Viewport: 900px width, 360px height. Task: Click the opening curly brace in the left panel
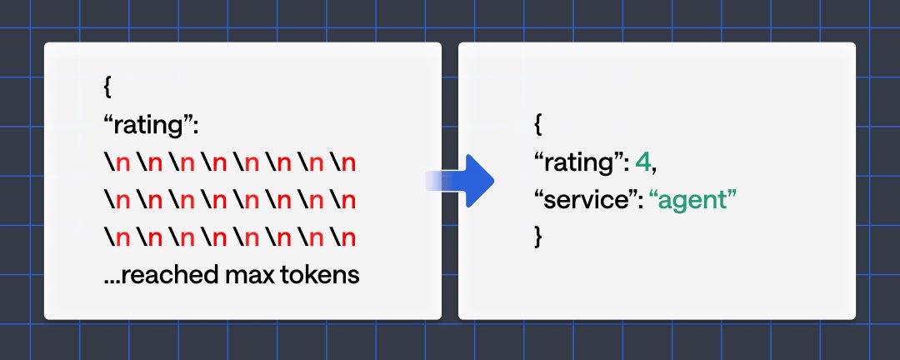tap(107, 88)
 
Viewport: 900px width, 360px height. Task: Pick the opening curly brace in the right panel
tap(537, 127)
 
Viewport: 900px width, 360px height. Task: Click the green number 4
tap(643, 163)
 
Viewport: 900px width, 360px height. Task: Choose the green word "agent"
tap(693, 201)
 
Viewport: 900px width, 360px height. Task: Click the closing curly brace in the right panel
tap(537, 237)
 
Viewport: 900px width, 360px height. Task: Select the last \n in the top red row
tap(342, 163)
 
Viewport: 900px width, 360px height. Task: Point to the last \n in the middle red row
tap(342, 200)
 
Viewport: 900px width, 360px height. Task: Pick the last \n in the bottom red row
tap(342, 237)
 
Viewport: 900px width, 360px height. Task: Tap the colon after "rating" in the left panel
tap(196, 128)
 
